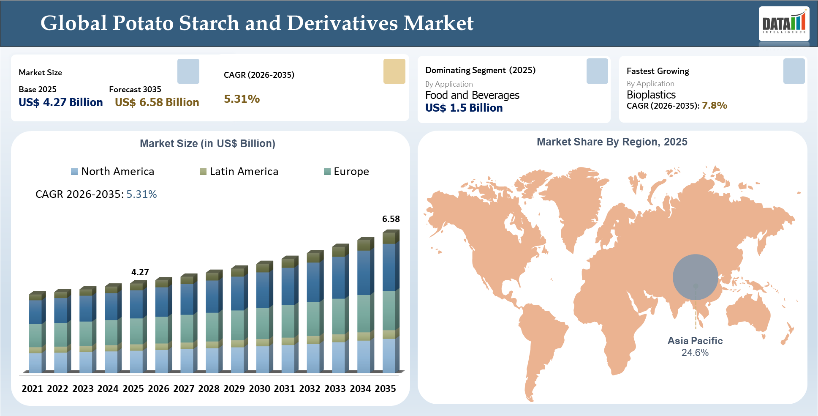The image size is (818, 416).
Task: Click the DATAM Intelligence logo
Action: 784,24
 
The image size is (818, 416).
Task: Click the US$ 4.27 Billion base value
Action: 61,102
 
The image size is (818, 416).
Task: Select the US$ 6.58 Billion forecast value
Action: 157,102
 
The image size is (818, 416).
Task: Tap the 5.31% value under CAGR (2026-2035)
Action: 242,99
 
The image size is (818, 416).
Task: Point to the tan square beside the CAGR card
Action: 394,71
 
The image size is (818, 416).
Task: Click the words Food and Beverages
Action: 472,95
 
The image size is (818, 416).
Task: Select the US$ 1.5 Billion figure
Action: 464,108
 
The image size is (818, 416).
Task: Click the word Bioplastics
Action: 651,95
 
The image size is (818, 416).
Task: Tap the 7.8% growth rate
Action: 714,105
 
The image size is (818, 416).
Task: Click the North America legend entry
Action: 113,171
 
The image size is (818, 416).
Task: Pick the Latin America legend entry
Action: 239,171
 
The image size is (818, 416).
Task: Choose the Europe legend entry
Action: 346,171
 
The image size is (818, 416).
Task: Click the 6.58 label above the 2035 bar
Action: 391,219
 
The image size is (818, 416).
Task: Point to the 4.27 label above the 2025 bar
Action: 140,272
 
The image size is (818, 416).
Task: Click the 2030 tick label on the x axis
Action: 259,389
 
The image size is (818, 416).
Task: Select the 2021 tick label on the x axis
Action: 32,389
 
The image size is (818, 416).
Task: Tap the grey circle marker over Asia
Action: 695,277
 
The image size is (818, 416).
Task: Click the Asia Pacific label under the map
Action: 695,341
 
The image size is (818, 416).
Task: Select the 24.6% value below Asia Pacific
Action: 695,353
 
